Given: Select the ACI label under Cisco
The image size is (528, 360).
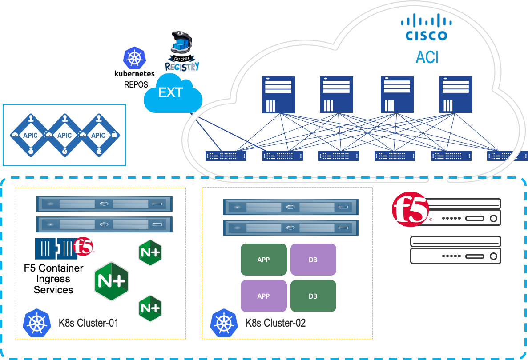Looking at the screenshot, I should point(427,56).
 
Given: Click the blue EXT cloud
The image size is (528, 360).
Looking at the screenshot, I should point(173,94).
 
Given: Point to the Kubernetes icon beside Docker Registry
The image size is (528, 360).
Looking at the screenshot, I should point(134,58).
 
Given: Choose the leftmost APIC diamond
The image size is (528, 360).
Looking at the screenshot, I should point(31,135).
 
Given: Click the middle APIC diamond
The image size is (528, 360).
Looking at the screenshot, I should point(64,135).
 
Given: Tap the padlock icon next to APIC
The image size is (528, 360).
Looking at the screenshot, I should point(114,134).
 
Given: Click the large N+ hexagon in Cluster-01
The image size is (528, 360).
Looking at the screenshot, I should point(111,282).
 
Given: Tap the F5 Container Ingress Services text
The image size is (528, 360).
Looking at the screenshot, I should point(53,279).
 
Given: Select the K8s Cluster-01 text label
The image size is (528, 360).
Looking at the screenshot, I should point(89,323).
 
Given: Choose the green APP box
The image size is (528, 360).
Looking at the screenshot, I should point(263,260).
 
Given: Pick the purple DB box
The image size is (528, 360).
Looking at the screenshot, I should point(313,260).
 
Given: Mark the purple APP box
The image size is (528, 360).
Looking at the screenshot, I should point(263,296).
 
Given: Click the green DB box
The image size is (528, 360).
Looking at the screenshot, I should point(313,296).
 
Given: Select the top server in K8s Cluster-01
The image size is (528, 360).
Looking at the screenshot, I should point(104,204).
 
